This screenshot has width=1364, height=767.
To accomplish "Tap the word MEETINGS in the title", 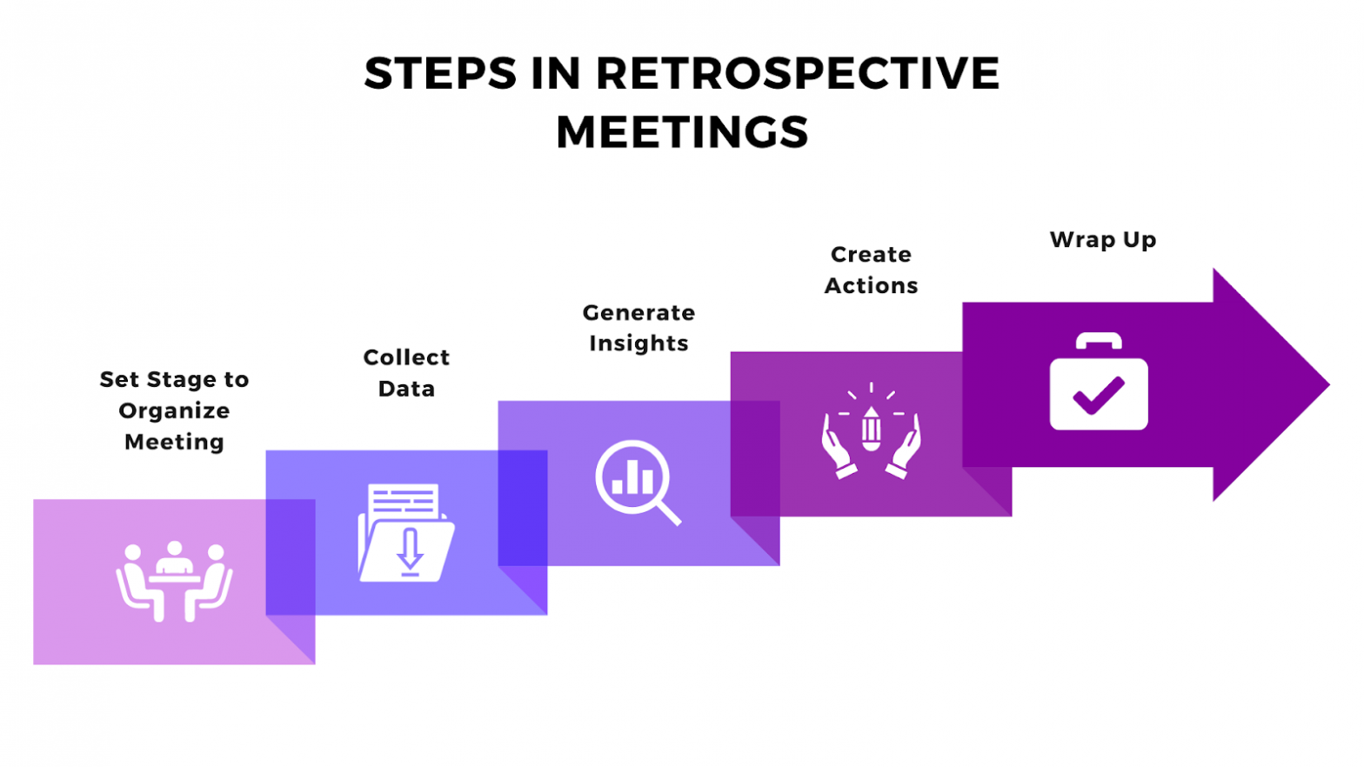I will [x=682, y=132].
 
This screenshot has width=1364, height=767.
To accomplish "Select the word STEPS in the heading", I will [x=440, y=73].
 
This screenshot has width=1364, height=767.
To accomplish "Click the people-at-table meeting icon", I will [x=174, y=581].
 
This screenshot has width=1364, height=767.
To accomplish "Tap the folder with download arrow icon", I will [x=406, y=532].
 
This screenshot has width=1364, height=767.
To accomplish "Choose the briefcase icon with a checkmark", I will [x=1099, y=383].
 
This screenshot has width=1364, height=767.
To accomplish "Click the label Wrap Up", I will [x=1102, y=240].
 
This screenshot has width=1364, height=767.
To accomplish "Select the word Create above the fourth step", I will [x=871, y=255].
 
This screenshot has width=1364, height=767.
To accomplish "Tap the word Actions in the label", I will [x=871, y=286].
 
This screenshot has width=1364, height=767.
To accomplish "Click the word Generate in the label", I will [x=639, y=313].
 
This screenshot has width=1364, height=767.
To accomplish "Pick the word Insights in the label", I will [x=639, y=343].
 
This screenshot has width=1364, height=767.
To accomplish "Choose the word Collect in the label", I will [x=406, y=357].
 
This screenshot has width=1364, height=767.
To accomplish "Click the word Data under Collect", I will [x=406, y=389].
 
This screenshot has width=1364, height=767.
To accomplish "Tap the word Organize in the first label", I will [x=174, y=411].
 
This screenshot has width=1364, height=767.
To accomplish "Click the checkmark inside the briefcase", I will [x=1099, y=396].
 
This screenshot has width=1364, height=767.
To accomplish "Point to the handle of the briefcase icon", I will [x=1099, y=340].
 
